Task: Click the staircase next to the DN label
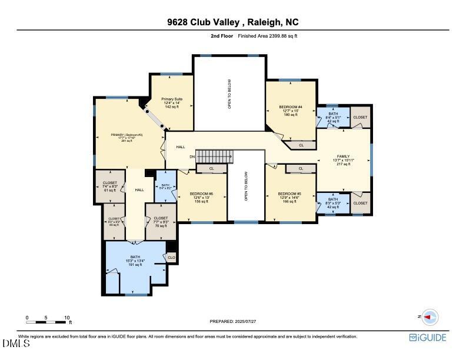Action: pos(215,157)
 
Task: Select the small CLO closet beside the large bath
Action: pos(172,257)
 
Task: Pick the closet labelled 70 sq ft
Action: pos(161,222)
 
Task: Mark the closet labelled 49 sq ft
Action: pos(114,222)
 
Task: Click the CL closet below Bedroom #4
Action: pos(301,145)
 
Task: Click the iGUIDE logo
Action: pos(428,338)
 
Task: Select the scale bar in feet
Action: pos(46,321)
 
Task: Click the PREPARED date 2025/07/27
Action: pos(233,321)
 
